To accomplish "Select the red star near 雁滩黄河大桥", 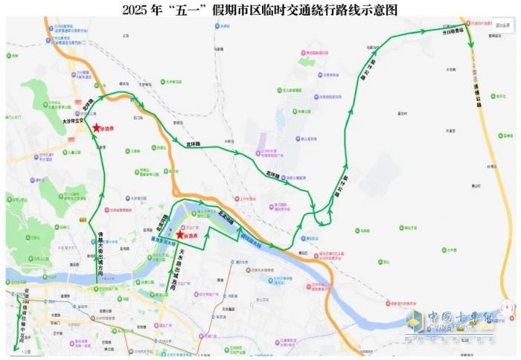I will [179, 234].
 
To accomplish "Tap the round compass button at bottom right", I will [505, 307].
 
